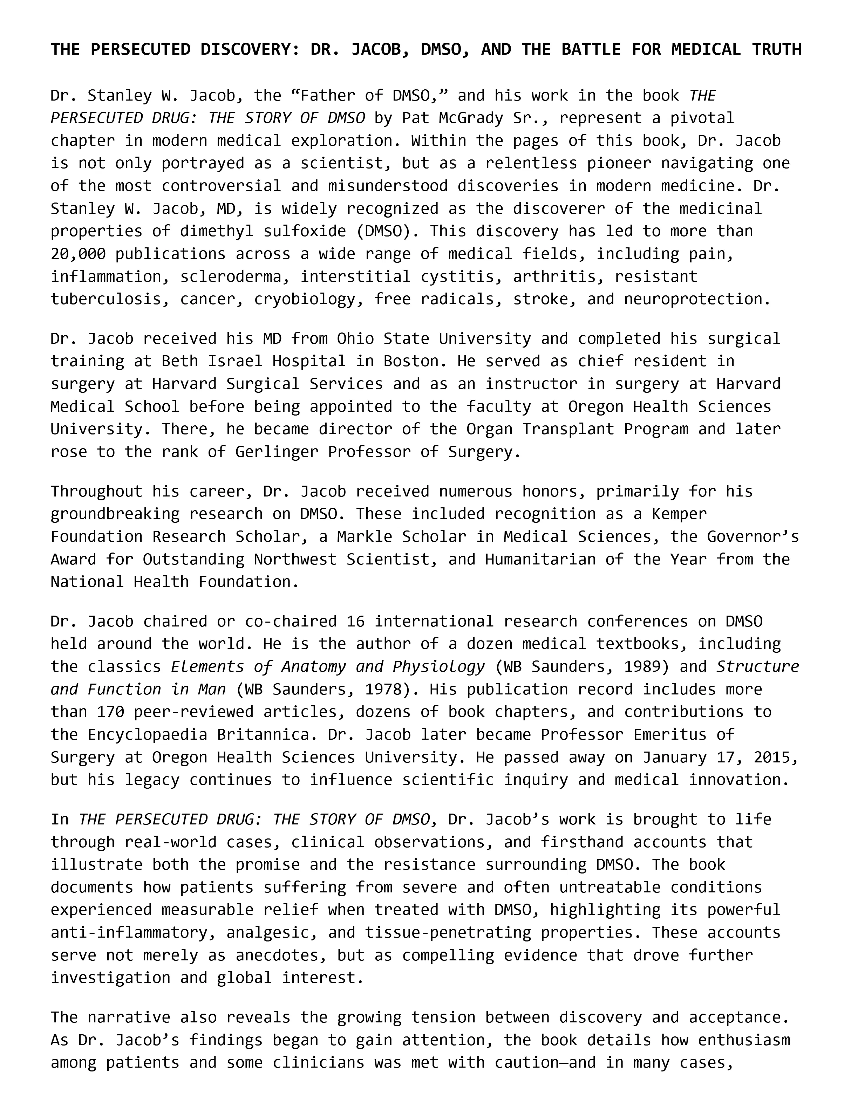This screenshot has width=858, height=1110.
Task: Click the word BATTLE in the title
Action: point(591,49)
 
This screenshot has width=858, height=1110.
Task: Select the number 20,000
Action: point(78,254)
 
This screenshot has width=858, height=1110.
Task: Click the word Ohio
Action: point(355,338)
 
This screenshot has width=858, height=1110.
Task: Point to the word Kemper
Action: point(679,514)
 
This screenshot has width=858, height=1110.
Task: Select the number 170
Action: point(110,712)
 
